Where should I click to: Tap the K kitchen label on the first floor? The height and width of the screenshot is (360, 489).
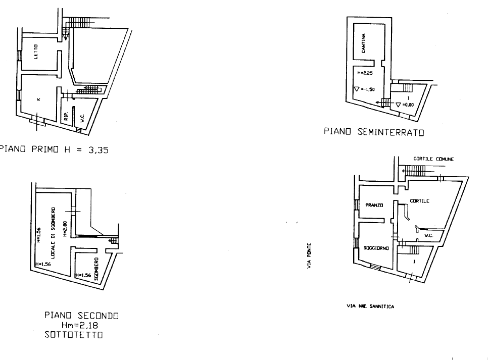point(38,99)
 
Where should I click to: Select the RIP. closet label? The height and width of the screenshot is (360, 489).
point(66,117)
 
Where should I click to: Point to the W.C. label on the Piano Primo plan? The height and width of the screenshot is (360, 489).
point(82,119)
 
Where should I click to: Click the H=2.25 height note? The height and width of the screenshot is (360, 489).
point(365,73)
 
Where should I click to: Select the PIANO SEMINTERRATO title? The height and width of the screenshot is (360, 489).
point(373,133)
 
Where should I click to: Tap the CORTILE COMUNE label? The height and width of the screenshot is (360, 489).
point(433,159)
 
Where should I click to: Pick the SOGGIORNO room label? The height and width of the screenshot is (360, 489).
point(376,248)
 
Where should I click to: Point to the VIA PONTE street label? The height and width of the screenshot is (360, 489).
point(308,255)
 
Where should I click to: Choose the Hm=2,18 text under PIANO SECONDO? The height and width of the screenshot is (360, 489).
point(82,326)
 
